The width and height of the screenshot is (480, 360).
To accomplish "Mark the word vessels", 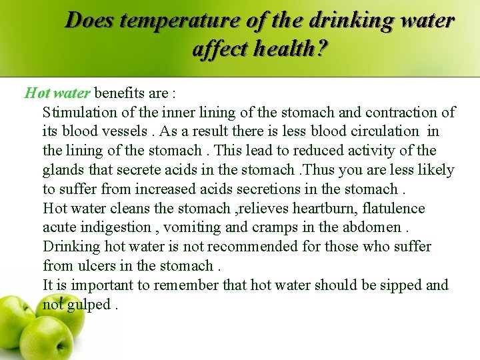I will point(130,131).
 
